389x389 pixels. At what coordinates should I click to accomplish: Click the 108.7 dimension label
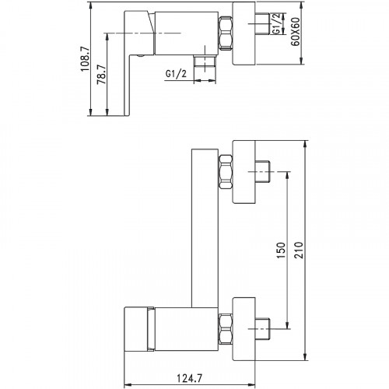[x=85, y=59]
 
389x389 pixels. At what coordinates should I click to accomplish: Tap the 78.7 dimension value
[x=101, y=75]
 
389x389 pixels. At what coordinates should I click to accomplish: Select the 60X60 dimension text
[x=296, y=32]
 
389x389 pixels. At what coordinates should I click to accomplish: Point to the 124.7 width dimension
[x=189, y=379]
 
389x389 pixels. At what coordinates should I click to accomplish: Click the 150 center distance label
[x=281, y=251]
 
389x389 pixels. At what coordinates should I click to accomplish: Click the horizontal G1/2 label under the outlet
[x=176, y=74]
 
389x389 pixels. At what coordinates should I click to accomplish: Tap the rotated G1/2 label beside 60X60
[x=277, y=24]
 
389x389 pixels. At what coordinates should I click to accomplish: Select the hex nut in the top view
[x=226, y=33]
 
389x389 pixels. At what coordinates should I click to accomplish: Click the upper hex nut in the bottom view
[x=226, y=172]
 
